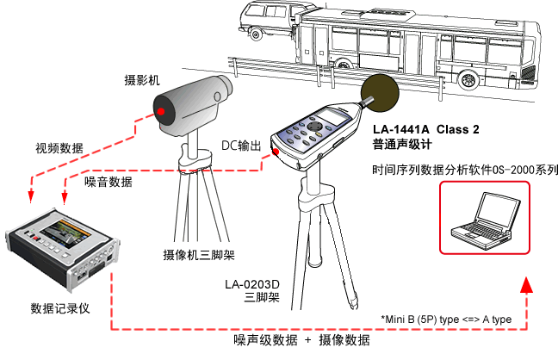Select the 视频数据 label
pyautogui.click(x=59, y=148)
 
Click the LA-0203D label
pyautogui.click(x=253, y=283)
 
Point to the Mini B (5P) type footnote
pyautogui.click(x=446, y=320)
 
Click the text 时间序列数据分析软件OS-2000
pyautogui.click(x=456, y=169)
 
